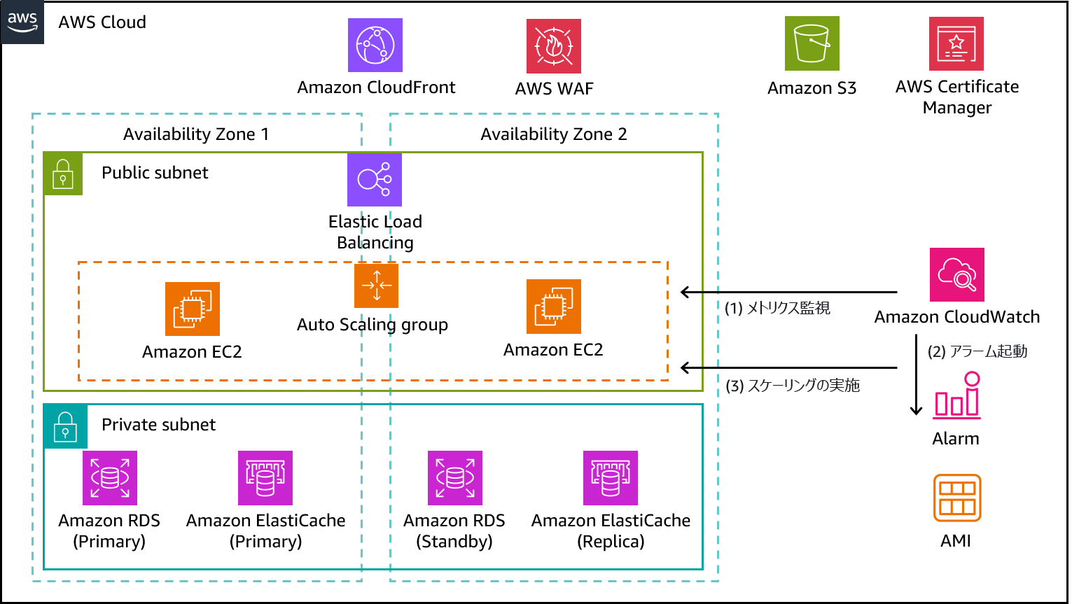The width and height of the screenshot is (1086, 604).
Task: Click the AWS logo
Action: [x=22, y=22]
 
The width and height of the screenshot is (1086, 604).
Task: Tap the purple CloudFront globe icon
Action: [x=375, y=45]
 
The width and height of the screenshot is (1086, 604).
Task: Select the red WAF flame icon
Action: [x=554, y=46]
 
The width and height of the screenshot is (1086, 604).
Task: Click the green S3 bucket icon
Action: [x=812, y=43]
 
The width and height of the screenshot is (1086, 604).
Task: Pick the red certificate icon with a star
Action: [x=956, y=44]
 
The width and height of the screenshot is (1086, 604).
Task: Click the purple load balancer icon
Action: [x=375, y=180]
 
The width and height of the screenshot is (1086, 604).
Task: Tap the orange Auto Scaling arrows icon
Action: [x=377, y=286]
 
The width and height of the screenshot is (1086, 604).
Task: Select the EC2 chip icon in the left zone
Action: [x=193, y=309]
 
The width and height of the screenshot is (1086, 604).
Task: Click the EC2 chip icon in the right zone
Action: [x=554, y=307]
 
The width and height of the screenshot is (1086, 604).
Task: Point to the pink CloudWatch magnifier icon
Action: [x=957, y=275]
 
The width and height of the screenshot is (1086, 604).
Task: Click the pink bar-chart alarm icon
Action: [x=957, y=396]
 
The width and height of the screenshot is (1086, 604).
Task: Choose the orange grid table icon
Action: [x=957, y=498]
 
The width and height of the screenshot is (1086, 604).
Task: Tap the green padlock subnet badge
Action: [x=63, y=174]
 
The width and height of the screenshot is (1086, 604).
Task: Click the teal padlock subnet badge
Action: [x=65, y=426]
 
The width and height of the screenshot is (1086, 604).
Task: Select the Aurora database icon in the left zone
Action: [x=110, y=478]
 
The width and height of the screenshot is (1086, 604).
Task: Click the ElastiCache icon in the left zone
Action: [x=265, y=478]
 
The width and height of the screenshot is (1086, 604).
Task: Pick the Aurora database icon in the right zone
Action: [x=455, y=478]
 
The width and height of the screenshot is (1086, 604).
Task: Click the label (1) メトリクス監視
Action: [x=777, y=308]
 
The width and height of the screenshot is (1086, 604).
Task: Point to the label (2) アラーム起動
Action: [x=977, y=351]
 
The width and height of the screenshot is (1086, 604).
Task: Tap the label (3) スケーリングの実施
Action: [x=793, y=386]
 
